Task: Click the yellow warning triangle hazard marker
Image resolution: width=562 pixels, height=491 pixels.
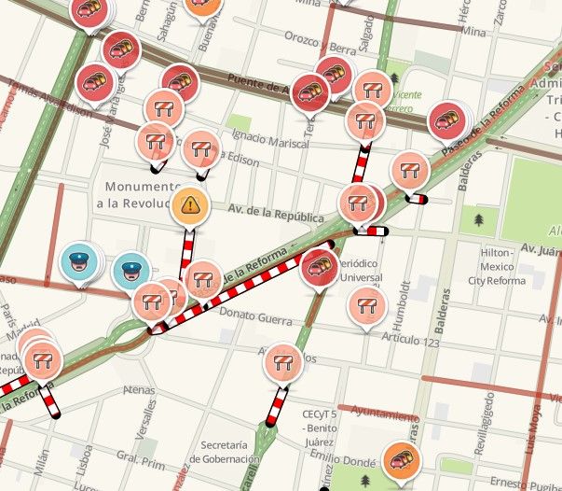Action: click(x=190, y=204)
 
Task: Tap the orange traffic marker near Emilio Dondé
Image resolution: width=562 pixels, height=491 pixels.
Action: click(x=401, y=459)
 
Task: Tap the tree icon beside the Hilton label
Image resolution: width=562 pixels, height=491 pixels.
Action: click(x=480, y=220)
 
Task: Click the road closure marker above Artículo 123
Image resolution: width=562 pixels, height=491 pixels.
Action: click(x=366, y=304)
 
